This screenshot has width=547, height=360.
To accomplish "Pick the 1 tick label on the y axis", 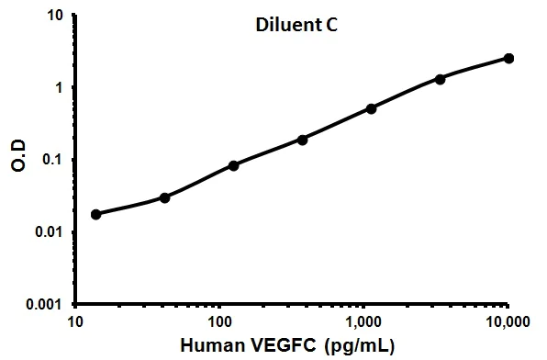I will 58,88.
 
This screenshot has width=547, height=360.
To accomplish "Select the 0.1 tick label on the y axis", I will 51,160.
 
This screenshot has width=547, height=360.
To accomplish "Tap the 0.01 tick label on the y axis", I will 48,231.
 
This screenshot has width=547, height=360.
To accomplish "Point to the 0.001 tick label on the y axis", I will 44,303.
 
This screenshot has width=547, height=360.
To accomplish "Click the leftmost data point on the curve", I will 96,214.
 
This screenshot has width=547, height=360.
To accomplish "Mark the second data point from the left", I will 164,197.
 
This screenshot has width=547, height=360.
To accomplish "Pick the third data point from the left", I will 233,165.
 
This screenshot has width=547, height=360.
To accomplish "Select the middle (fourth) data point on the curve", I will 302,140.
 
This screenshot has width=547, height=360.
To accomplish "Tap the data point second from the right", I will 441,79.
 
